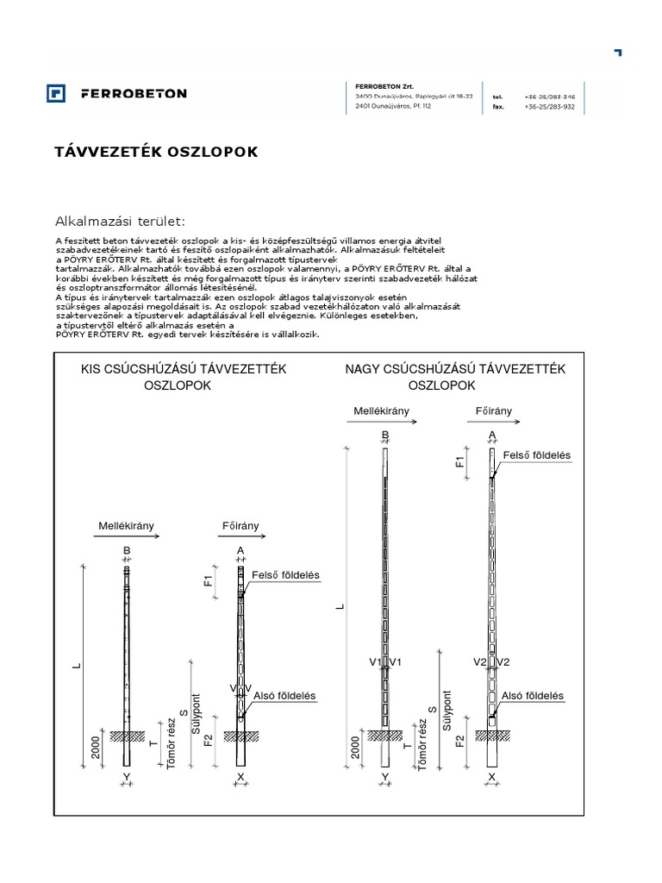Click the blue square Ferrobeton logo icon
pos(57,93)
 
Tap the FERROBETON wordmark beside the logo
pos(133,93)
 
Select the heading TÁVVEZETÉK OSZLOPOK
pos(157,152)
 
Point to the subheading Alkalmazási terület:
pos(121,221)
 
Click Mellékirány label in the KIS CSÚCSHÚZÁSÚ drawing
pos(124,524)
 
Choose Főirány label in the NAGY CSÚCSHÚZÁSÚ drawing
pos(493,412)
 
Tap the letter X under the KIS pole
pos(240,777)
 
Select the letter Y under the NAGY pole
pos(385,777)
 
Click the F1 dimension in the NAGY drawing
pos(460,462)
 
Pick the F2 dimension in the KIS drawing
pos(208,740)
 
